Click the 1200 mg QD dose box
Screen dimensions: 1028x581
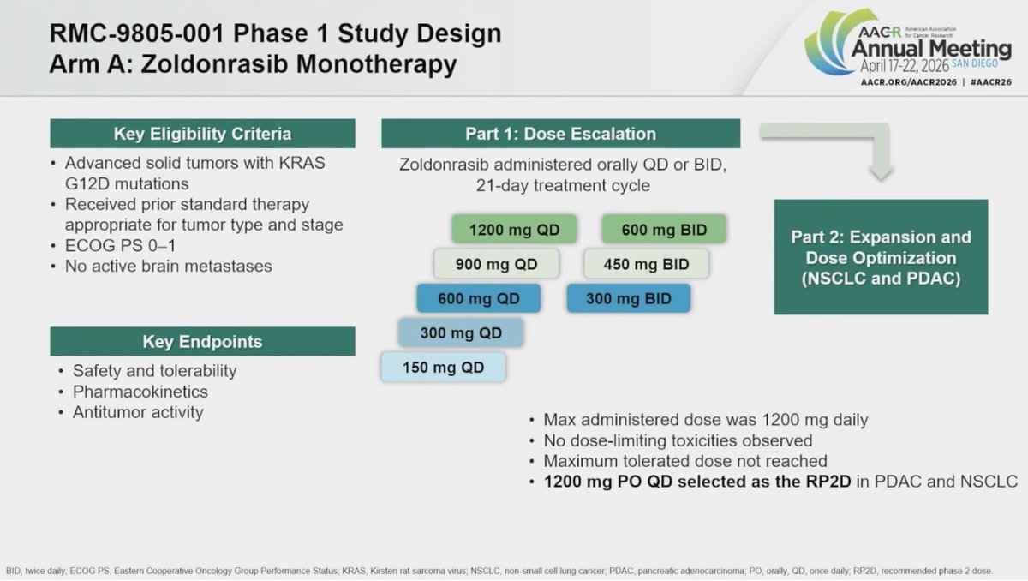pyautogui.click(x=514, y=229)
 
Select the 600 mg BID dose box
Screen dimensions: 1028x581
pyautogui.click(x=664, y=229)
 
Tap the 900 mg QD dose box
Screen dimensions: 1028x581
pyautogui.click(x=497, y=264)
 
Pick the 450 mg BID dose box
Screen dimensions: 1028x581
pyautogui.click(x=646, y=264)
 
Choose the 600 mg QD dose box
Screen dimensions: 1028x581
pyautogui.click(x=479, y=298)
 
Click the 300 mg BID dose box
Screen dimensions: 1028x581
pyautogui.click(x=629, y=298)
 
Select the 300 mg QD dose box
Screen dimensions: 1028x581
pyautogui.click(x=461, y=332)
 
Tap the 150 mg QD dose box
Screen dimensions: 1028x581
pyautogui.click(x=444, y=367)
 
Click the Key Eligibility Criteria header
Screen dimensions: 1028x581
pyautogui.click(x=202, y=134)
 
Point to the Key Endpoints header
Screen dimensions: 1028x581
pyautogui.click(x=202, y=341)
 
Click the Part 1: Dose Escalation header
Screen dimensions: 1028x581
pyautogui.click(x=561, y=134)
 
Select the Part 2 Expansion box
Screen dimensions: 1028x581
pyautogui.click(x=882, y=257)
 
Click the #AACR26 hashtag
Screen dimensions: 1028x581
pyautogui.click(x=991, y=82)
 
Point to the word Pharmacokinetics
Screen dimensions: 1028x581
pyautogui.click(x=140, y=392)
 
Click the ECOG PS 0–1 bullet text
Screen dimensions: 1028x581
pyautogui.click(x=120, y=246)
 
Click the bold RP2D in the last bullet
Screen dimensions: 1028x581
pyautogui.click(x=828, y=482)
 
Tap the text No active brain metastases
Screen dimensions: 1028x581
pyautogui.click(x=169, y=267)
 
